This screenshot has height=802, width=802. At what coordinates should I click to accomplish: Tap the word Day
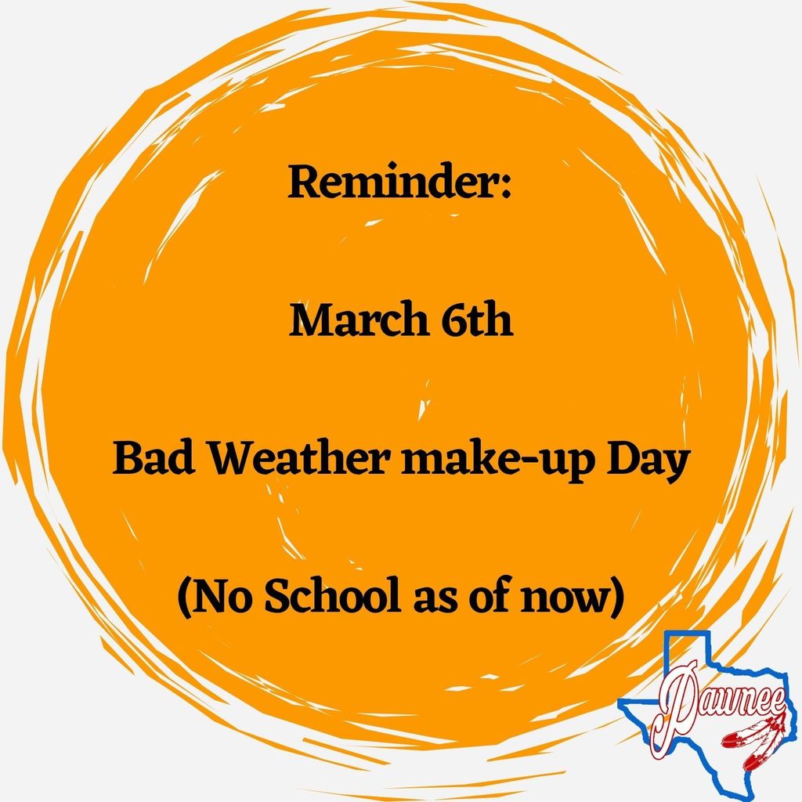pyautogui.click(x=646, y=462)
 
